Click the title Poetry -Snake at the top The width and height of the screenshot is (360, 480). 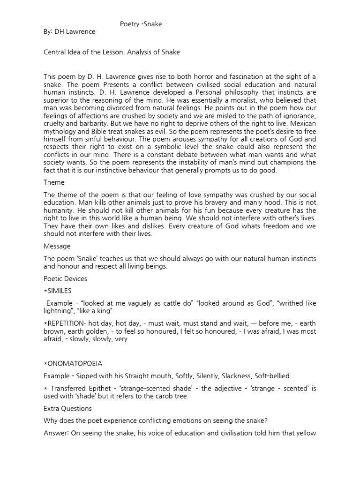141,24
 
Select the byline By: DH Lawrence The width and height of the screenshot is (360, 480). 69,32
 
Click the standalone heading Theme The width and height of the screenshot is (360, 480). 54,182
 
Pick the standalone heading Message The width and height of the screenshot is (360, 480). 57,246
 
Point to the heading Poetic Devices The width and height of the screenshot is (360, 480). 65,279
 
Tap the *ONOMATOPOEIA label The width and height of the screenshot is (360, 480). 73,364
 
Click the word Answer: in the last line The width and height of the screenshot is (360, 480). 57,434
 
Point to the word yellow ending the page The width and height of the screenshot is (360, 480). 306,434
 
